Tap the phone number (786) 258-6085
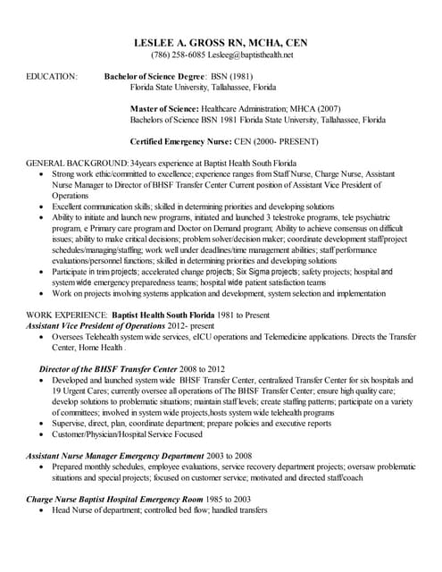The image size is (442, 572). click(x=176, y=55)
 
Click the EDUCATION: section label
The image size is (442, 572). click(x=53, y=78)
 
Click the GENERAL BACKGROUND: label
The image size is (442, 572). click(x=78, y=163)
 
